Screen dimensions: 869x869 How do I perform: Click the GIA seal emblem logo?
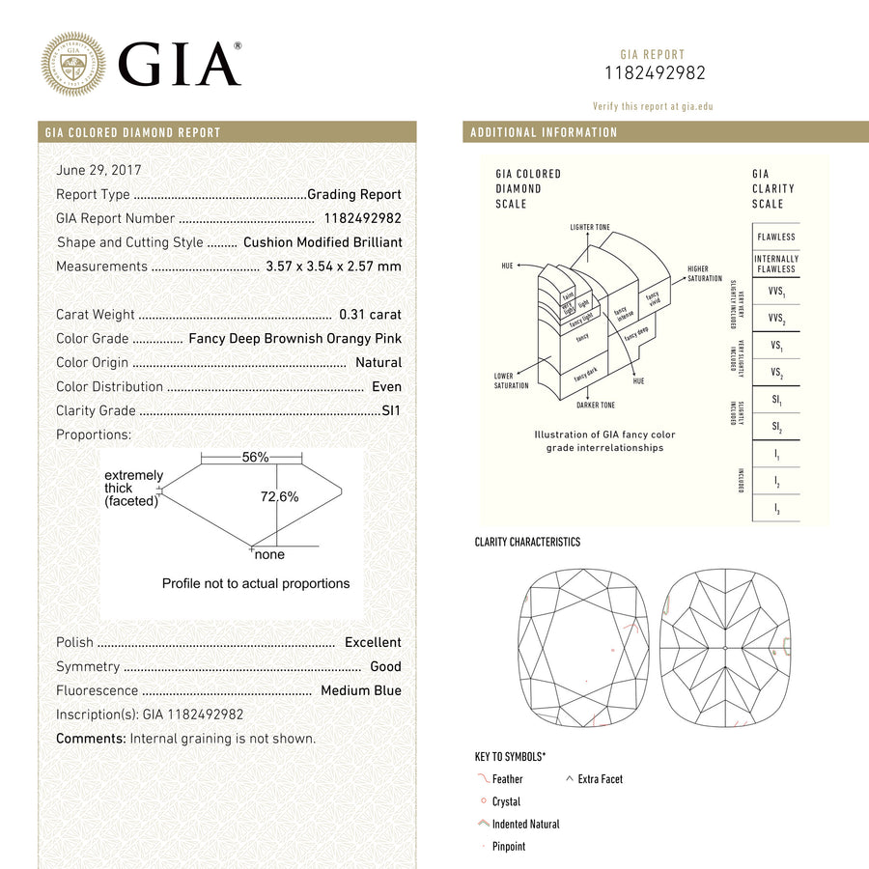coord(73,64)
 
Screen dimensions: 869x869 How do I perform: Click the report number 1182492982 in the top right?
coord(655,73)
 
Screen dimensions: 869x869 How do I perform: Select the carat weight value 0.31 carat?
coord(370,315)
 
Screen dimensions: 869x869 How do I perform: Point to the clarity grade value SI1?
coord(391,411)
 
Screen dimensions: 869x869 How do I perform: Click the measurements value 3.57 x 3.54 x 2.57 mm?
coord(333,266)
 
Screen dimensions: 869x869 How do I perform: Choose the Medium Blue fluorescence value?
coord(361,691)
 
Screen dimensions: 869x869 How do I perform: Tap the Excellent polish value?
coord(373,643)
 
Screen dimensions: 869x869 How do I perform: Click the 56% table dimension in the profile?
coord(255,458)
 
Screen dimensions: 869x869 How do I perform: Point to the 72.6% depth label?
coord(280,497)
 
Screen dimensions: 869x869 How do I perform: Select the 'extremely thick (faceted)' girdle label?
coord(132,489)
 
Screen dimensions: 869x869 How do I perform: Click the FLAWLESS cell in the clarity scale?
coord(776,237)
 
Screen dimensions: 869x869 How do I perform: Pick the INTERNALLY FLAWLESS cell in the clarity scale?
coord(776,264)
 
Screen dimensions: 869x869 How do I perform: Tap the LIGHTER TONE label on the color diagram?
coord(590,228)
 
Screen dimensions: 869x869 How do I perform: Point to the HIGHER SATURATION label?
coord(704,274)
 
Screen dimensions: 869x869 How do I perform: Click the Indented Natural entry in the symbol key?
coord(524,825)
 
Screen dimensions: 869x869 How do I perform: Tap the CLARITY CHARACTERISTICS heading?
coord(527,543)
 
